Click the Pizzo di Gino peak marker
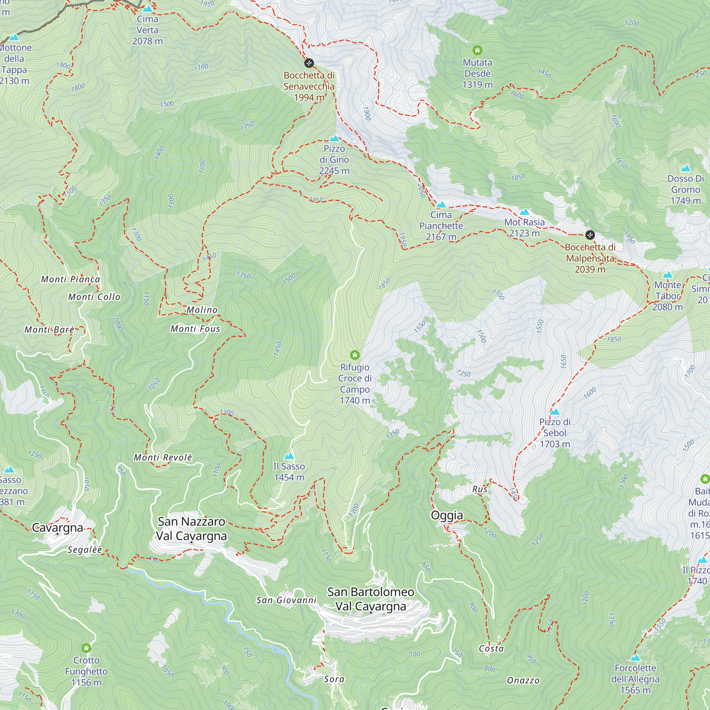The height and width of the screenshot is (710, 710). [x=334, y=138]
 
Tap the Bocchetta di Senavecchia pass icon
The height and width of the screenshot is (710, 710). [x=309, y=63]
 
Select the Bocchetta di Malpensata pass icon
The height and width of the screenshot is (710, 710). [x=590, y=235]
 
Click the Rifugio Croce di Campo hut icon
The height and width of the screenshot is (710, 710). [x=355, y=355]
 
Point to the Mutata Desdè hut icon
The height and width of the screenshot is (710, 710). [x=477, y=50]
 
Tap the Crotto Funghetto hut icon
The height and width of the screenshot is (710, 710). [x=86, y=648]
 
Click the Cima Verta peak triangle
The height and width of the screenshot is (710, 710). [x=148, y=9]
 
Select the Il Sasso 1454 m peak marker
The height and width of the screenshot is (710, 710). [x=289, y=456]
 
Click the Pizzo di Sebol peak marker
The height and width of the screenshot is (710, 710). [x=555, y=411]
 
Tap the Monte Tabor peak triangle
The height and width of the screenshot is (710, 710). [x=667, y=274]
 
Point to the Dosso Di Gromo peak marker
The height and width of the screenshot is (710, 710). [x=686, y=169]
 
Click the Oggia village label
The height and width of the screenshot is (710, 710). [x=447, y=515]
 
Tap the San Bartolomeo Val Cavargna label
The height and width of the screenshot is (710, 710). [x=370, y=599]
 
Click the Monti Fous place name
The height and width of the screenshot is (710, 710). [x=195, y=329]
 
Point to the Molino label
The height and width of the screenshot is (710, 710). [x=202, y=310]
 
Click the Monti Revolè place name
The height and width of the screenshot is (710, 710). [x=163, y=458]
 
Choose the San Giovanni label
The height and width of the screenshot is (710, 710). [x=286, y=600]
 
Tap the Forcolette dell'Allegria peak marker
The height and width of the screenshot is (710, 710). [x=635, y=658]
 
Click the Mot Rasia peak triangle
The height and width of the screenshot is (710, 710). [x=524, y=212]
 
